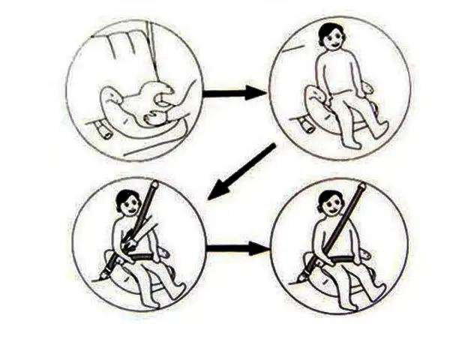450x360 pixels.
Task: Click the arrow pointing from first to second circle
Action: point(235,94)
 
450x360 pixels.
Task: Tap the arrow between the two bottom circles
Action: point(235,247)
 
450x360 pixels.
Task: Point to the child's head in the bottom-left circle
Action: point(130,202)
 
